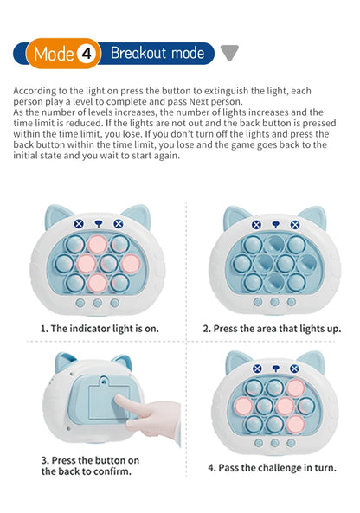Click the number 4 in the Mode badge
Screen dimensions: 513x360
[86, 54]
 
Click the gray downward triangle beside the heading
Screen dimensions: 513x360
[228, 54]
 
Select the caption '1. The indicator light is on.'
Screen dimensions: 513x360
[100, 329]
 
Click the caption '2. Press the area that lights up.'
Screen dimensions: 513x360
[272, 329]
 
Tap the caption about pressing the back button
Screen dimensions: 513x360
[90, 465]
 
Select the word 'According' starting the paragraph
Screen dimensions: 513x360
[35, 90]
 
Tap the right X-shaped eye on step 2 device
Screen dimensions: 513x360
[294, 224]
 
